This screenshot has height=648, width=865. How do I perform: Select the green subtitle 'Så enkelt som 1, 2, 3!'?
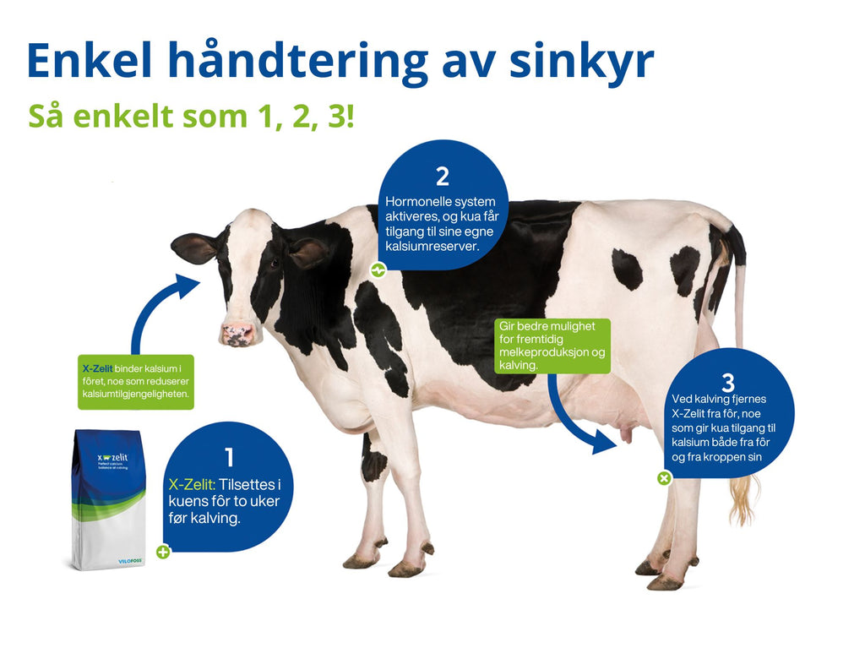(x=191, y=116)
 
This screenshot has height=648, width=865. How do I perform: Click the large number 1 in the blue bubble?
(x=228, y=457)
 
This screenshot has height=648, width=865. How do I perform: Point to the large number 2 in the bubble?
(x=442, y=177)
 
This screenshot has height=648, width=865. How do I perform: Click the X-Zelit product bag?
(x=108, y=498)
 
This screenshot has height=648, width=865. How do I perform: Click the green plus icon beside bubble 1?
(x=163, y=552)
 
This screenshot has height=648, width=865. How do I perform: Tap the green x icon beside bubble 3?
(x=664, y=478)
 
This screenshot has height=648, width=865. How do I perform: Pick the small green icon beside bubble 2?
(x=378, y=270)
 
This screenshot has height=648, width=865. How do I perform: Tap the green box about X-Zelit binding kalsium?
(x=136, y=381)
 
